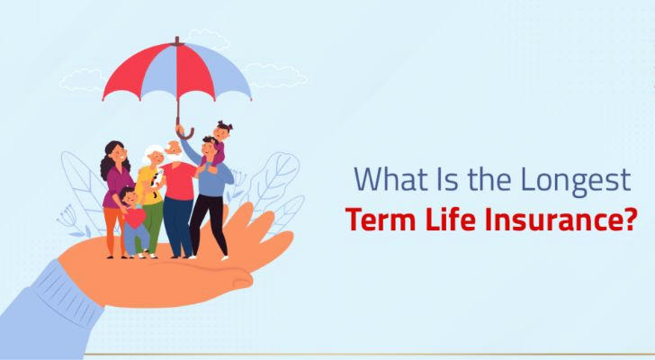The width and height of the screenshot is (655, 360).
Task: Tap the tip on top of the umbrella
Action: coord(177,40)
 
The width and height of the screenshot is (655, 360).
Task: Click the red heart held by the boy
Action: coord(135,218)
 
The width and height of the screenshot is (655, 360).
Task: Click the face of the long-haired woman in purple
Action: coord(118,153)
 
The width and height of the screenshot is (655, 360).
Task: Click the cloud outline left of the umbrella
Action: coord(82,80)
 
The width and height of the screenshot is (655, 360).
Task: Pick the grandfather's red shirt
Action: coord(179,181)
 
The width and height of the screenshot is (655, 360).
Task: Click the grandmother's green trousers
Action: coord(152,227)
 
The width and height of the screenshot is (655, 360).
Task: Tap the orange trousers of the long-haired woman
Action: coord(112,229)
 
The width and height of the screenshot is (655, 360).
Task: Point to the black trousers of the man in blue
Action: coord(209,223)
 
